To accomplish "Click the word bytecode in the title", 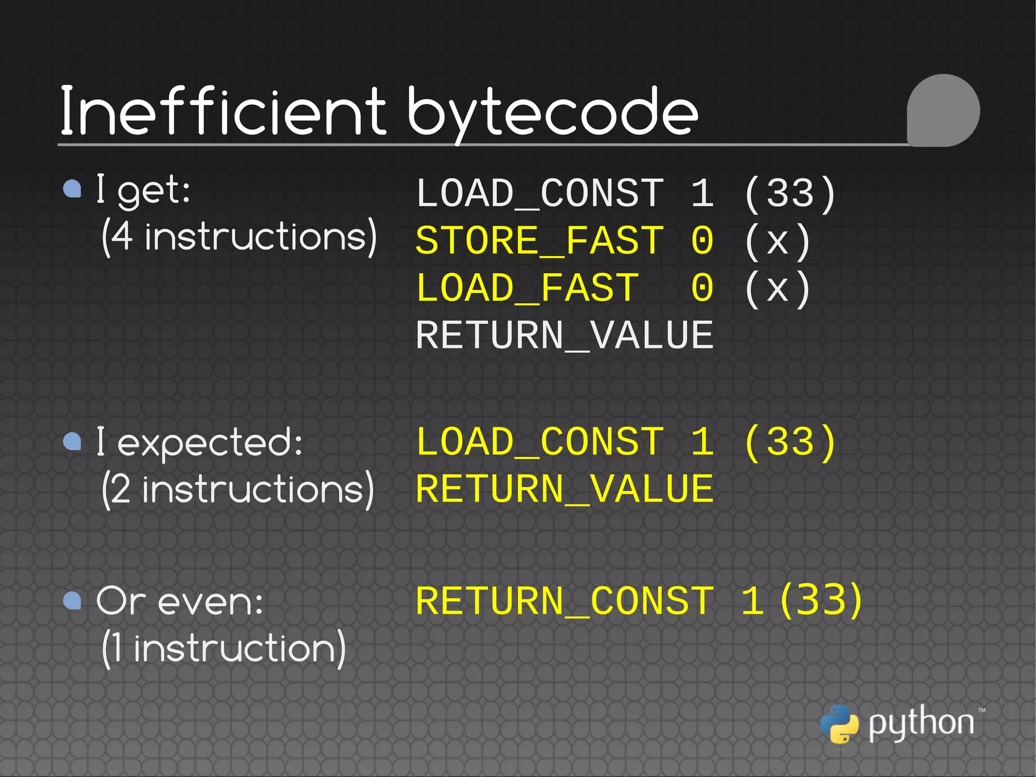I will click(x=552, y=112).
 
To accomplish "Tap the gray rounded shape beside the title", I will click(x=943, y=110).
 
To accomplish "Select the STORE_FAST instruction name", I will click(x=539, y=240).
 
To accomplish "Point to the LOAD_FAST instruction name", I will click(x=527, y=288).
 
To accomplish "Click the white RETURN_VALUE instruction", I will click(x=564, y=335).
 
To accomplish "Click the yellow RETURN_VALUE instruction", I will click(x=564, y=489).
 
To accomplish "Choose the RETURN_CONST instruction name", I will click(x=564, y=601).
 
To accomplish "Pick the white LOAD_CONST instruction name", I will click(x=539, y=193).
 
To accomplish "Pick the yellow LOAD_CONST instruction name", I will click(x=539, y=442).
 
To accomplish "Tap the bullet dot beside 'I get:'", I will click(x=72, y=189).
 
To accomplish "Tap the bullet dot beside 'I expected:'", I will click(x=72, y=441).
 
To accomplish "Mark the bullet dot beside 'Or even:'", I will click(x=72, y=601).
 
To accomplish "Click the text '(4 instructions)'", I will click(x=239, y=237).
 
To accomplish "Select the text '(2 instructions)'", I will click(x=238, y=489).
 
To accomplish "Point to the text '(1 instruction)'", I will click(x=224, y=648).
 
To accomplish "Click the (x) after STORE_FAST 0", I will click(x=778, y=241).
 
